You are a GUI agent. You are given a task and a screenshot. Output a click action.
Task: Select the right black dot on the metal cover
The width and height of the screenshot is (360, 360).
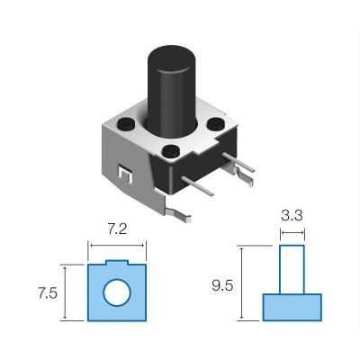click(216, 125)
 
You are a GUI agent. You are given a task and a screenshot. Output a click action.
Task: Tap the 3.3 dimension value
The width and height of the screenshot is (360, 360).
click(291, 218)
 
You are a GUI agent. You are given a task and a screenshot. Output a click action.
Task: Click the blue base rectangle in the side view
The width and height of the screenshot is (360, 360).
click(291, 307)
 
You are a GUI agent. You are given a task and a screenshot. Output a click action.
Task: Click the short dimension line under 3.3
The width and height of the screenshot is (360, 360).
click(291, 234)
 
